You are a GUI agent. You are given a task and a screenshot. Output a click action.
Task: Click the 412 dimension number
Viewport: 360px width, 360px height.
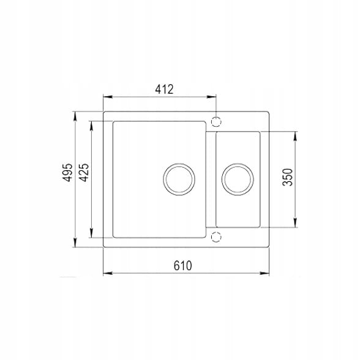(x=164, y=89)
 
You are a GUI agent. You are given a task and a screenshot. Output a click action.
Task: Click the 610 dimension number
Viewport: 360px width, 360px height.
(x=182, y=266)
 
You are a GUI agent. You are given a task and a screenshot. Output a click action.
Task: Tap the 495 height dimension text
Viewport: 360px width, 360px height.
(x=68, y=173)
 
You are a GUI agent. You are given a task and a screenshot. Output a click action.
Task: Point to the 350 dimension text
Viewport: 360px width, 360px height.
(x=288, y=177)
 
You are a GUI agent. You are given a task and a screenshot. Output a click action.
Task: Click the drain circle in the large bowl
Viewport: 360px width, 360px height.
(x=179, y=179)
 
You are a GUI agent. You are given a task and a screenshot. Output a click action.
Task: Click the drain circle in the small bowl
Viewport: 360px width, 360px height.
(x=238, y=179)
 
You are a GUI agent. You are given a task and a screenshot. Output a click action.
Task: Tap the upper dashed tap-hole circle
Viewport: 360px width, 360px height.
(x=216, y=121)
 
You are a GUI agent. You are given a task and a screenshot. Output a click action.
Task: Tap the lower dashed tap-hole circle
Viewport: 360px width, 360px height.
(x=216, y=237)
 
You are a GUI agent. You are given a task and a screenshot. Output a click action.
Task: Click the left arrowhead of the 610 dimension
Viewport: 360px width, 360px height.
(x=108, y=273)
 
